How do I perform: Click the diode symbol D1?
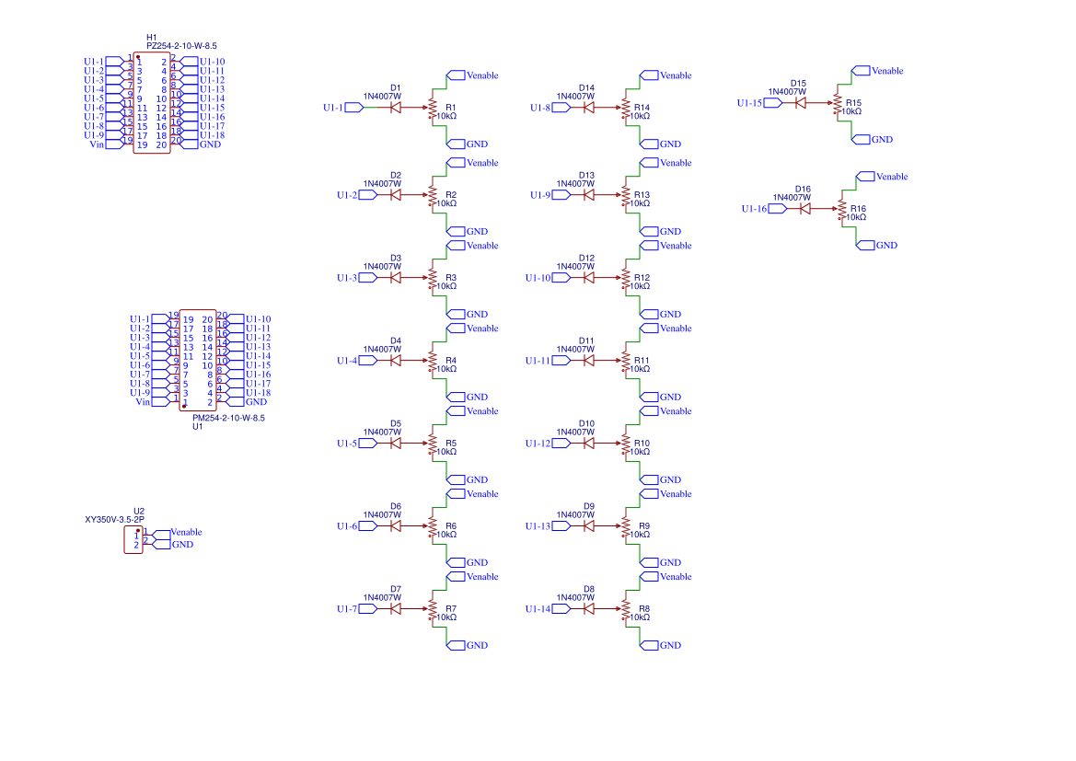[395, 108]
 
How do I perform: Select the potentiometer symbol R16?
[841, 210]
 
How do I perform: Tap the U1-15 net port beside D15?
[751, 103]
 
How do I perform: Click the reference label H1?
[152, 37]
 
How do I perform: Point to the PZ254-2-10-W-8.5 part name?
[181, 45]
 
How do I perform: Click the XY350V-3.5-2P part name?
[114, 519]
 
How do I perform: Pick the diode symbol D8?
[588, 609]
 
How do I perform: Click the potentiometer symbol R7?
[432, 609]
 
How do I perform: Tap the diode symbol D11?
[588, 361]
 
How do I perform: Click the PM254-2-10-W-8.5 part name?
[228, 418]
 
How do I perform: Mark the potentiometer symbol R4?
[432, 361]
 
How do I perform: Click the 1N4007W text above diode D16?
[792, 197]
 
